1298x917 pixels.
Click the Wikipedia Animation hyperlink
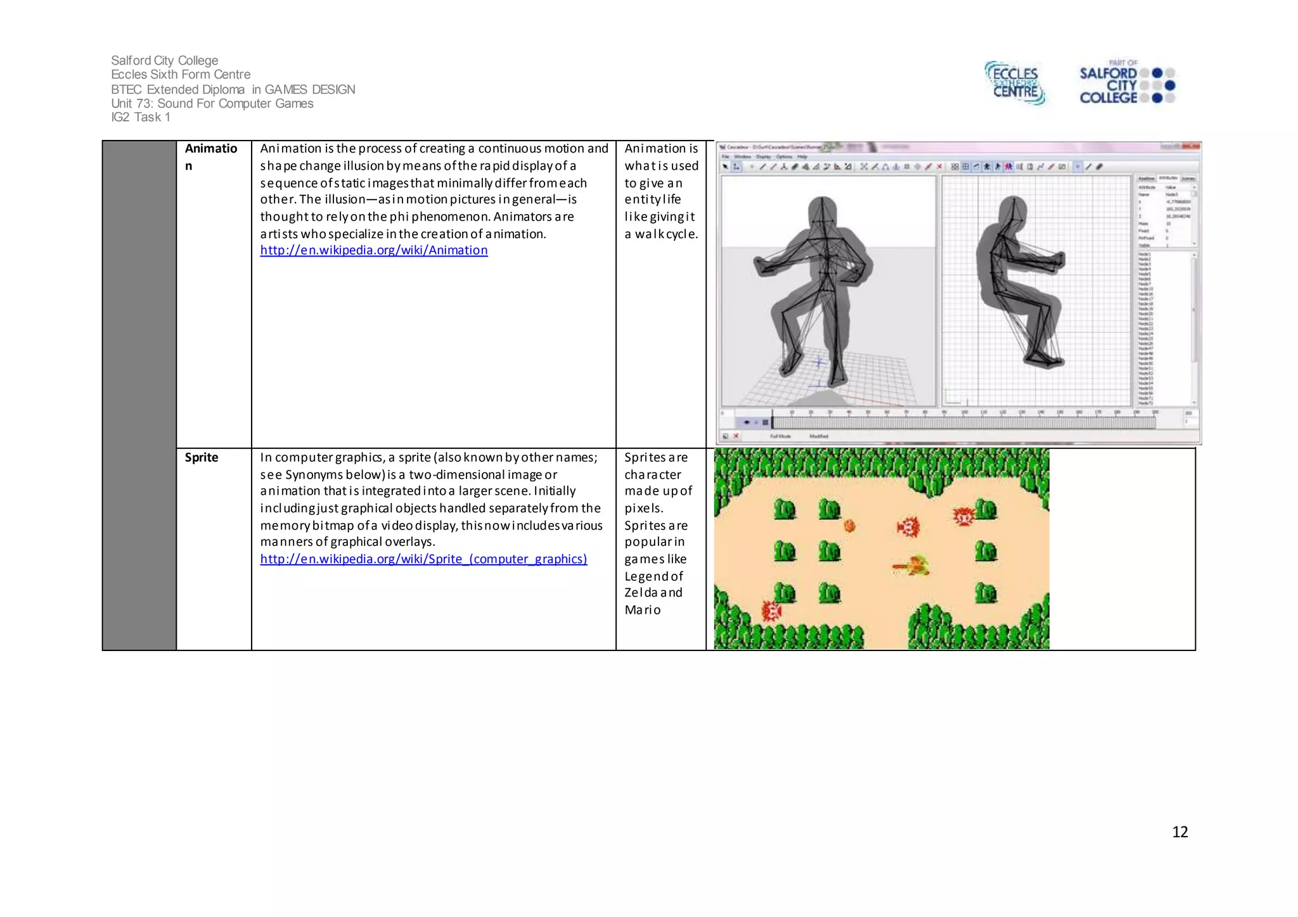(x=373, y=250)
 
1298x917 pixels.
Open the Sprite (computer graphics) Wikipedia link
(x=423, y=559)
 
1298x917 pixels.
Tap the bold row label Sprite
(x=201, y=457)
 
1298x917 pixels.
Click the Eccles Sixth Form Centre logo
(x=1015, y=83)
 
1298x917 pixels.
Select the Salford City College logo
(x=1126, y=83)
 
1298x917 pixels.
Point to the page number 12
(x=1179, y=832)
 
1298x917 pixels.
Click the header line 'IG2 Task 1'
(x=140, y=117)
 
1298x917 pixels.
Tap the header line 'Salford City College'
(x=164, y=60)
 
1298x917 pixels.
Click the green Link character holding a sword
(x=913, y=565)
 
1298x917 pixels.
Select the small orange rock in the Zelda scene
(x=849, y=525)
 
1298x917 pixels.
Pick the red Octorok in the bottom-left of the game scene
(x=771, y=611)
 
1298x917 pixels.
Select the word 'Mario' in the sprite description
(x=642, y=610)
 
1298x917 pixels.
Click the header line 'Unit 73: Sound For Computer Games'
(x=212, y=103)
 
